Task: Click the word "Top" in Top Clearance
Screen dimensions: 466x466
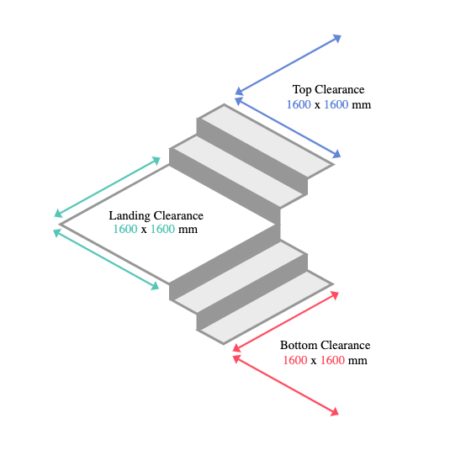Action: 302,90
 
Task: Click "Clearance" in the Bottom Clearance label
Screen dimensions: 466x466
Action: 346,345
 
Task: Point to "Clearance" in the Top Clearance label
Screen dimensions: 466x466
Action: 339,89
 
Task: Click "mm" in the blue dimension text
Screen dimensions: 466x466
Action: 362,105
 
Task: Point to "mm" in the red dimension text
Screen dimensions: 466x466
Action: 357,361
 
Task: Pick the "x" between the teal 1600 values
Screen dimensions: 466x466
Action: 144,230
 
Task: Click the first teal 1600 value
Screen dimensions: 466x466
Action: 125,229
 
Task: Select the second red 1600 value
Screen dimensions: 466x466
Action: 332,360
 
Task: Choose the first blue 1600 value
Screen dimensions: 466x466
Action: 299,104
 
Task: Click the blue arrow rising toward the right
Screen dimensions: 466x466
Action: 289,65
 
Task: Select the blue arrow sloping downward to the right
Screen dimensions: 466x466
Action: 288,128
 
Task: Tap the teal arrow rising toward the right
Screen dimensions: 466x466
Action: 108,187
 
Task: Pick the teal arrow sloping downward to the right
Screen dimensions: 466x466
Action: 106,259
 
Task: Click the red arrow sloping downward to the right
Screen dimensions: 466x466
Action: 286,385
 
